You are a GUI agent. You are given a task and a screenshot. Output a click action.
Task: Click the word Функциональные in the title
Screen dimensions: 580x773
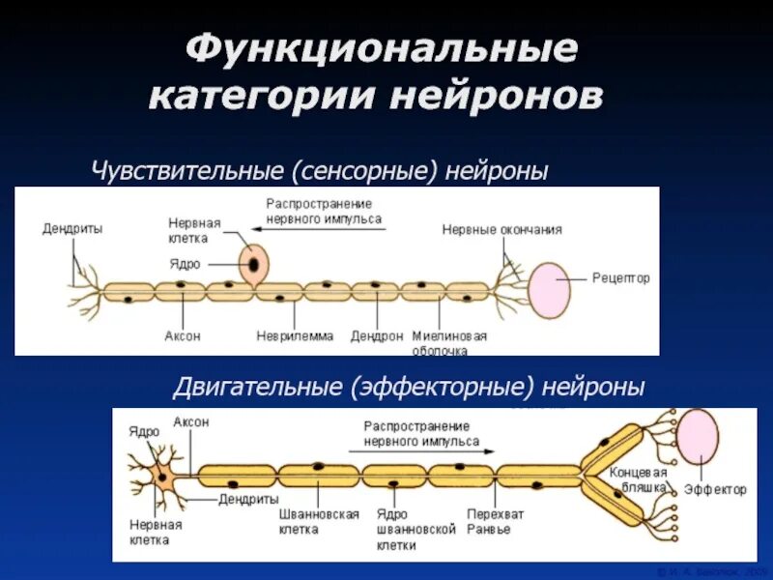point(381,49)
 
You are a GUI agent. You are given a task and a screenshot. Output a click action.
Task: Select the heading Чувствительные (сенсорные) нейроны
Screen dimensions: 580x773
point(320,171)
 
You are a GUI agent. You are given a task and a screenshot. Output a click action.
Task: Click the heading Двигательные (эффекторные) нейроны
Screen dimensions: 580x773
point(408,388)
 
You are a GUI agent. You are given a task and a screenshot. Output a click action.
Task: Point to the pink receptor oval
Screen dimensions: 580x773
point(549,289)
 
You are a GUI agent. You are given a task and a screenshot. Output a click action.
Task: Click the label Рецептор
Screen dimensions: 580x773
point(621,278)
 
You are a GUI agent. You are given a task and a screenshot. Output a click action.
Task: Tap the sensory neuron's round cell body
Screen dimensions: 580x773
point(254,263)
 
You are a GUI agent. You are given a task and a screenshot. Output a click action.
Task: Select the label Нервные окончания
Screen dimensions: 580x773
point(501,230)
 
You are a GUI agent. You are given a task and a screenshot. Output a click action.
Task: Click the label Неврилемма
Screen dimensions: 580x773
point(295,336)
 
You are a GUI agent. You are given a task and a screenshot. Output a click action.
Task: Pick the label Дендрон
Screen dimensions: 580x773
point(376,336)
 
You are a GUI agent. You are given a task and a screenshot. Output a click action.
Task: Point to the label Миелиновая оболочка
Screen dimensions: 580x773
point(449,343)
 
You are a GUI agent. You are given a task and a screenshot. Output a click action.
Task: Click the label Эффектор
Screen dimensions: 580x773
point(715,490)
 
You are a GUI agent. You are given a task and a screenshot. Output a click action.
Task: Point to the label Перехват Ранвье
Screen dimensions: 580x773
point(495,522)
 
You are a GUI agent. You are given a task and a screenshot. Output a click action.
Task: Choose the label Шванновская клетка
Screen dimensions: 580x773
point(305,522)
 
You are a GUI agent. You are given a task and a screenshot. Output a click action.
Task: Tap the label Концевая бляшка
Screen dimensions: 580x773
point(638,480)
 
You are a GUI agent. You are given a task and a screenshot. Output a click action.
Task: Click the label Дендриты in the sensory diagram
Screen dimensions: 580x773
point(72,229)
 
